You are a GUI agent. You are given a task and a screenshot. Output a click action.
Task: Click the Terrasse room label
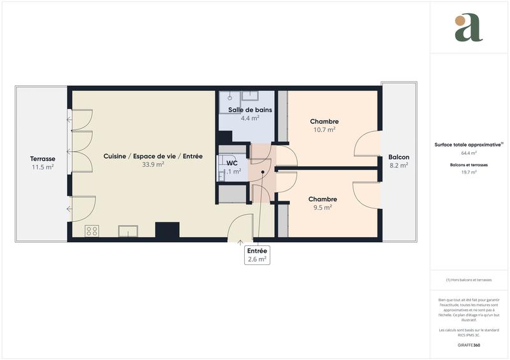[x=42, y=159]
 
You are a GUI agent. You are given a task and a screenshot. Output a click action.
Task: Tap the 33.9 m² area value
[x=153, y=164]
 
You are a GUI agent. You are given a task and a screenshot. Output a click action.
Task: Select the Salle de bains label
[x=250, y=110]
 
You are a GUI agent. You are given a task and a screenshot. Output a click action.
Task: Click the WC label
[x=232, y=162]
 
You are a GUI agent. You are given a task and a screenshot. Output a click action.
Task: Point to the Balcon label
[x=399, y=157]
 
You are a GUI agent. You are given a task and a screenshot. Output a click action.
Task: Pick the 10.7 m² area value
[x=324, y=129]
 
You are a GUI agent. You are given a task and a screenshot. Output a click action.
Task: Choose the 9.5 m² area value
[x=323, y=207]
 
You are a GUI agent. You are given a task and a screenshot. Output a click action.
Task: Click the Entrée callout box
[x=258, y=255]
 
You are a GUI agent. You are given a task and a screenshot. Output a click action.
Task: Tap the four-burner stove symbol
[x=92, y=231]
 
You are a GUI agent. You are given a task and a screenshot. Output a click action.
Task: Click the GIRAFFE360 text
[x=469, y=345]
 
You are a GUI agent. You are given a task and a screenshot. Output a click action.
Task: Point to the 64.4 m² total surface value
[x=469, y=154]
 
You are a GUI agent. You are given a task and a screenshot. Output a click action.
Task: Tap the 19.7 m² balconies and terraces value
[x=469, y=172]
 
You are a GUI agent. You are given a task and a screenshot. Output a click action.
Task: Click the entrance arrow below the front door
[x=240, y=242]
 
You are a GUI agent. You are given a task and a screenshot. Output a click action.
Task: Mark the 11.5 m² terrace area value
[x=42, y=167]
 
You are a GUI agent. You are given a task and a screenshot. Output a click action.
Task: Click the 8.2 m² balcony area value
[x=399, y=165]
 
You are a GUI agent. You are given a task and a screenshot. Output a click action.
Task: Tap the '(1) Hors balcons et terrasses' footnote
[x=469, y=280]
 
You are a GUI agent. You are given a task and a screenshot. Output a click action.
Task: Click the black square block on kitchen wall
[x=168, y=229]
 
